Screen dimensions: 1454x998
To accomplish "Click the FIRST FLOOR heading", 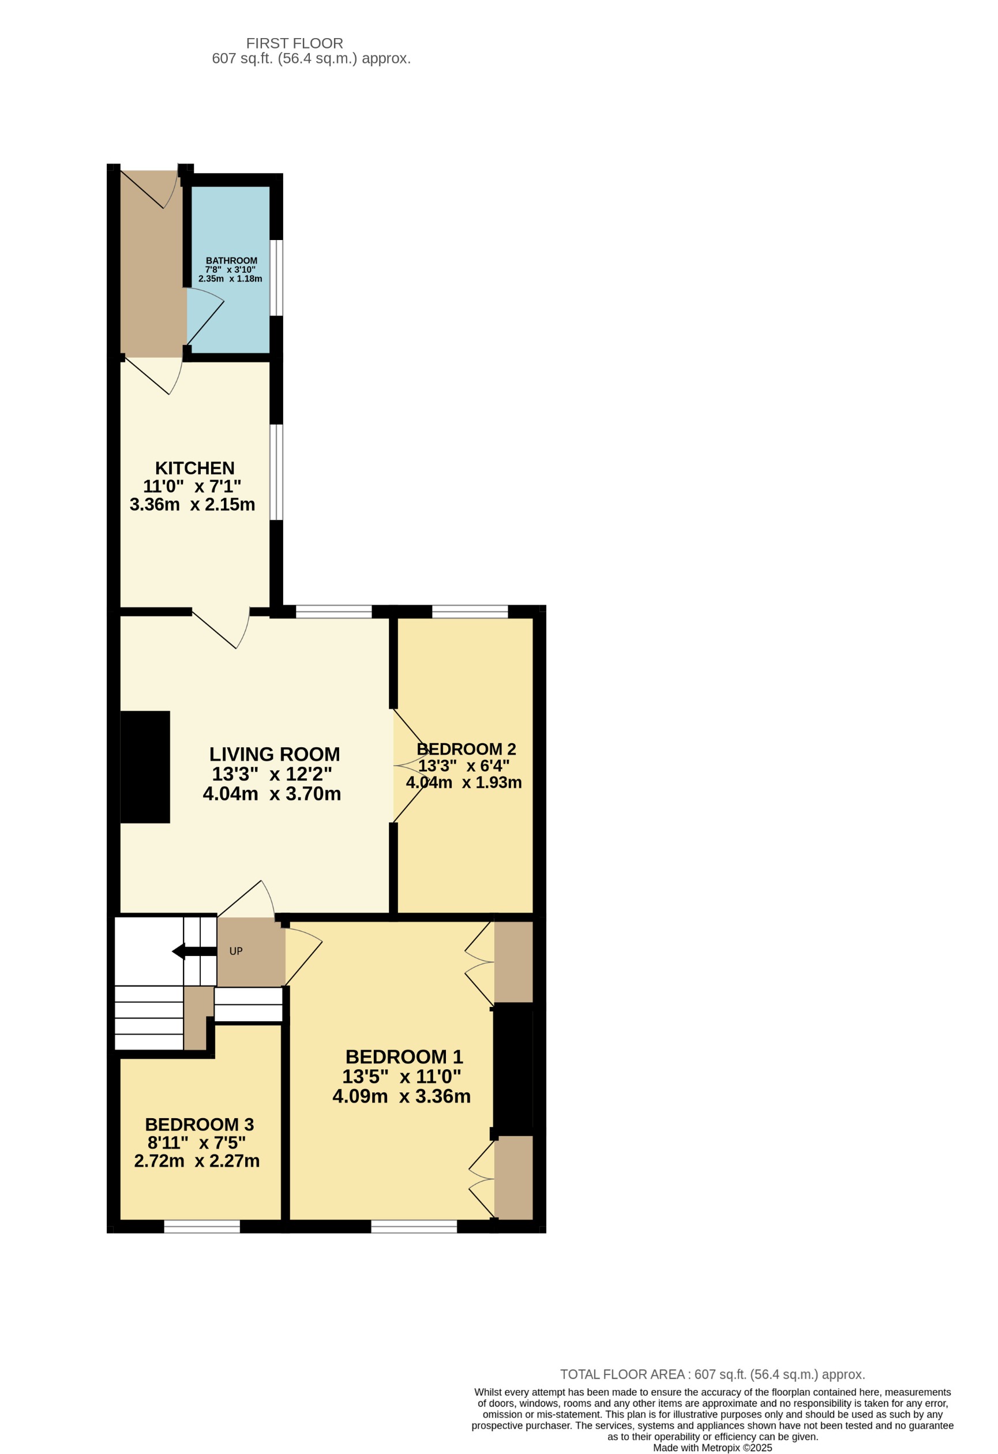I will point(294,43).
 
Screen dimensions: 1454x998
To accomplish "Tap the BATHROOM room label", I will point(231,261).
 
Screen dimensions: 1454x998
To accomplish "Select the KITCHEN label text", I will point(194,468).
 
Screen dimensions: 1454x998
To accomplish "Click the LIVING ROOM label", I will point(274,754).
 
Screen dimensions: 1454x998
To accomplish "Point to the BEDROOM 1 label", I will point(404,1056).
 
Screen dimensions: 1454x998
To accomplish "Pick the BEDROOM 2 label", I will point(466,749).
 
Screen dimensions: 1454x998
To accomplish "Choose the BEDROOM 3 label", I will point(199,1125).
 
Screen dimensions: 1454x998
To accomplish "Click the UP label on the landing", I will point(236,951).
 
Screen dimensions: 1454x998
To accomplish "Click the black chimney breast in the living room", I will point(145,767).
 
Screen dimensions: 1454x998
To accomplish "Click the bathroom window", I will point(276,278).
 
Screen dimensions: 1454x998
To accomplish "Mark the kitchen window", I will point(276,473).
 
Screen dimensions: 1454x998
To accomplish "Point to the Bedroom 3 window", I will point(201,1226).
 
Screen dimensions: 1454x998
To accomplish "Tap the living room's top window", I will point(333,612).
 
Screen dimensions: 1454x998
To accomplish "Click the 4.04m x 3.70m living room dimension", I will point(272,794).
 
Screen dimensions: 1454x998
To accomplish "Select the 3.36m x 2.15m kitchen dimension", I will point(192,504).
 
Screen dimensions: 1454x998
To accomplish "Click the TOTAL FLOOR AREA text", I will point(712,1374).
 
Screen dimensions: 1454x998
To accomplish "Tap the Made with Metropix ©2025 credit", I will point(712,1448).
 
